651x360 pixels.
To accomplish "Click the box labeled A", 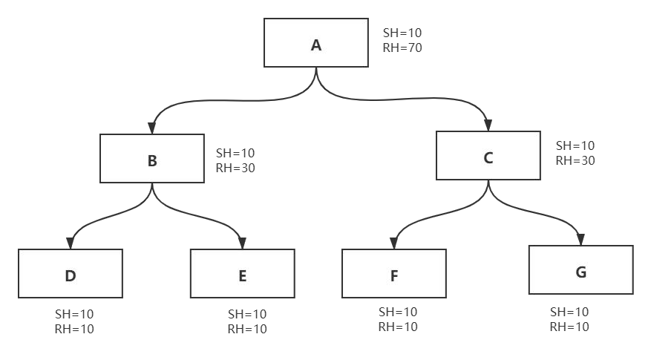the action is pos(316,43).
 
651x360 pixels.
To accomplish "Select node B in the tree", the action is pos(152,158).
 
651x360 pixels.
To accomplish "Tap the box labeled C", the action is pos(488,156).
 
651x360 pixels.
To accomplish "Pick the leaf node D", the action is pos(71,274).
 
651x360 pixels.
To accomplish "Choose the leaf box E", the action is pos(243,274).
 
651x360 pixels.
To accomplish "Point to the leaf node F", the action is pos(394,274).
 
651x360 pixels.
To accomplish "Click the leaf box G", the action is pos(580,270).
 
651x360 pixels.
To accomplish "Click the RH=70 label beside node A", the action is pos(402,48).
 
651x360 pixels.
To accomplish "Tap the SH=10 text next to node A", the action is pos(402,33).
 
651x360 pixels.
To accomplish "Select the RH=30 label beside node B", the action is pos(235,168).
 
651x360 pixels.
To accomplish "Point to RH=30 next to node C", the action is pos(575,160).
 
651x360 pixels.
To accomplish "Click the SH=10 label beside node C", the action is pos(575,145).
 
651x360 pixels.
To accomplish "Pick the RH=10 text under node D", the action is pos(74,330).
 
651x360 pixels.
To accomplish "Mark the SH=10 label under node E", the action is pos(247,314).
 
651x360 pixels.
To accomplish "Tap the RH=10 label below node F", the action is pos(398,327).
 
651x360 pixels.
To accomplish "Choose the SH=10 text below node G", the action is pos(569,312).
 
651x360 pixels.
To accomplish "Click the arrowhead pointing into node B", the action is pos(152,128).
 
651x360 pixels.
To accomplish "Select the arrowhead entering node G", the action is pos(580,240).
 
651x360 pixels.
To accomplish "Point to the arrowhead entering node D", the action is pos(71,243).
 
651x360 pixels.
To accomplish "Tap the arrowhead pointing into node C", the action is pos(488,125).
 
